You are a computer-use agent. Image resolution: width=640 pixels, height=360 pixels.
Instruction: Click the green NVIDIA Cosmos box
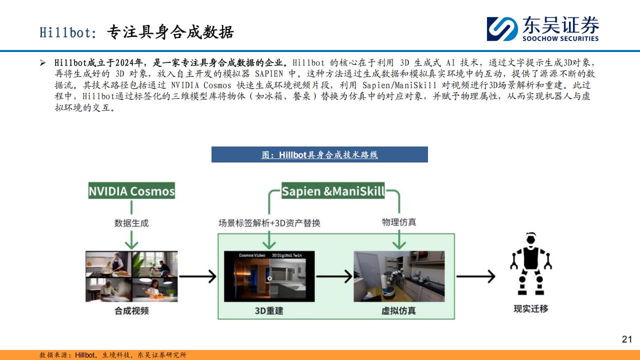pyautogui.click(x=131, y=190)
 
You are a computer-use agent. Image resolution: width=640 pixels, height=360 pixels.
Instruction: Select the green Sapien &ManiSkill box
pyautogui.click(x=333, y=190)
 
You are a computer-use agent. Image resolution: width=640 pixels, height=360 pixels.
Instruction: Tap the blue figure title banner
pyautogui.click(x=319, y=154)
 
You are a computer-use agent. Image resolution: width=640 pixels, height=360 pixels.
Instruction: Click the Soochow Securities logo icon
pyautogui.click(x=502, y=29)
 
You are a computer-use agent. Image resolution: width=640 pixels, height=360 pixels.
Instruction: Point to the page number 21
pyautogui.click(x=627, y=339)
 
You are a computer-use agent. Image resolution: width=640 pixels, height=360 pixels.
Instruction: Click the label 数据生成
pyautogui.click(x=131, y=223)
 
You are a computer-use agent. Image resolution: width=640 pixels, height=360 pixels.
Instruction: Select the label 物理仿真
pyautogui.click(x=399, y=222)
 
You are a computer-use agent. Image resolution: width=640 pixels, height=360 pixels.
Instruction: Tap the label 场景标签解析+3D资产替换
pyautogui.click(x=269, y=223)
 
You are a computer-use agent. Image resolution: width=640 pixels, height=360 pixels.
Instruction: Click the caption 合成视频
pyautogui.click(x=131, y=310)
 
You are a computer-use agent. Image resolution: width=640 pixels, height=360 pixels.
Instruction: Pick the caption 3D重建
pyautogui.click(x=269, y=310)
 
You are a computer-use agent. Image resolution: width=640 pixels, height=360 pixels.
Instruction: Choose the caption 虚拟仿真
pyautogui.click(x=398, y=310)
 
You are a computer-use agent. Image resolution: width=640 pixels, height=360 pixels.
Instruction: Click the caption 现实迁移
pyautogui.click(x=531, y=308)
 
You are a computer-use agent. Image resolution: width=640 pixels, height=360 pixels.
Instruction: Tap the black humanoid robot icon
pyautogui.click(x=531, y=263)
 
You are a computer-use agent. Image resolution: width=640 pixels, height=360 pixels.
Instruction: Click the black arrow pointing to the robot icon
pyautogui.click(x=475, y=276)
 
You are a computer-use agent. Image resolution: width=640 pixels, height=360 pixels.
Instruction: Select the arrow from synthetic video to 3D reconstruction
pyautogui.click(x=197, y=276)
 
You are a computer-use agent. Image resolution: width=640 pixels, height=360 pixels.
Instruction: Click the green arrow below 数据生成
pyautogui.click(x=131, y=240)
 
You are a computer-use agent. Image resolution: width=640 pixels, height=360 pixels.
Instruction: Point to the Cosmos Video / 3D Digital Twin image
pyautogui.click(x=269, y=276)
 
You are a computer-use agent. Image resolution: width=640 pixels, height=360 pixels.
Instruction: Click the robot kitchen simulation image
pyautogui.click(x=399, y=276)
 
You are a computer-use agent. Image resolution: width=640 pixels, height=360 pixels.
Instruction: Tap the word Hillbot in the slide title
pyautogui.click(x=65, y=32)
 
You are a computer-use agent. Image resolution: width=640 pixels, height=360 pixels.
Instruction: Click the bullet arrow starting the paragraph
pyautogui.click(x=43, y=63)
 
